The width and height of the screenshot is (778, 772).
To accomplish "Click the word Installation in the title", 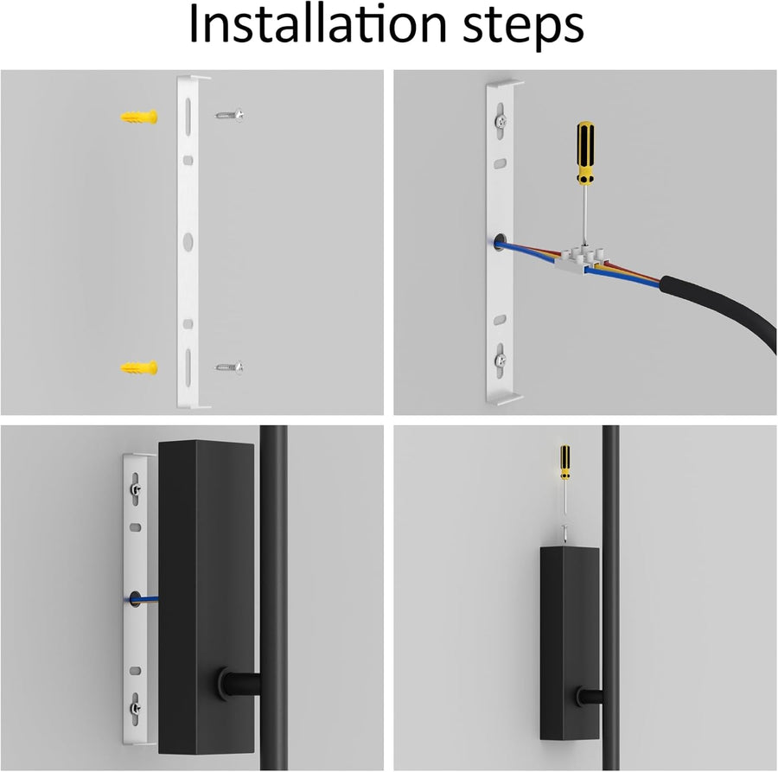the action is pyautogui.click(x=317, y=25).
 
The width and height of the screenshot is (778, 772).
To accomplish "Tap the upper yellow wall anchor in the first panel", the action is pyautogui.click(x=139, y=117).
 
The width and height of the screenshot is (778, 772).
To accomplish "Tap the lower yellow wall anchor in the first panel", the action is pyautogui.click(x=139, y=367).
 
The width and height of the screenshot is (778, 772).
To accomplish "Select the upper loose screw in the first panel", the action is pyautogui.click(x=229, y=115).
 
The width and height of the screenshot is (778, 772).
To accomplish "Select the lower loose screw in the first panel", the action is pyautogui.click(x=229, y=367).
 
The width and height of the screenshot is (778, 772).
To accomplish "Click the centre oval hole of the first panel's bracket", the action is pyautogui.click(x=188, y=241).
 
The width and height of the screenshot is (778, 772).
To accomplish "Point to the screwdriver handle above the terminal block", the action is pyautogui.click(x=585, y=152).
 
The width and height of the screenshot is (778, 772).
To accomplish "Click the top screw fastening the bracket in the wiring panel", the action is pyautogui.click(x=501, y=120).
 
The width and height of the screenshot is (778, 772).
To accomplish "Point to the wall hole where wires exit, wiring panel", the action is pyautogui.click(x=498, y=242).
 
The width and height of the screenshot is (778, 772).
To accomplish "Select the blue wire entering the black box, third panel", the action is pyautogui.click(x=146, y=599).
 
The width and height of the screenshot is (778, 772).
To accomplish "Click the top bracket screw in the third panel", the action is pyautogui.click(x=136, y=490).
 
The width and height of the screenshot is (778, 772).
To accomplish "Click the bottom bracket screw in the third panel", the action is pyautogui.click(x=136, y=708).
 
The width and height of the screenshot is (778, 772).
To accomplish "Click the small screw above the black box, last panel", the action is pyautogui.click(x=564, y=534).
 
